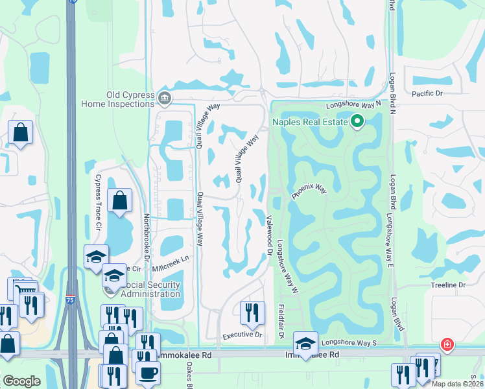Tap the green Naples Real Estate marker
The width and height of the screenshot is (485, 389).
click(357, 121)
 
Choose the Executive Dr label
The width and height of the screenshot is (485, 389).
click(242, 335)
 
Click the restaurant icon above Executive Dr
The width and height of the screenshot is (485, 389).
click(252, 312)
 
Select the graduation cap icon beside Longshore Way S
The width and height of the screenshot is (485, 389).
click(305, 343)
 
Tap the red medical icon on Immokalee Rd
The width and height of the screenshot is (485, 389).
click(447, 344)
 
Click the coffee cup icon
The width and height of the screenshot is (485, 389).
click(148, 373)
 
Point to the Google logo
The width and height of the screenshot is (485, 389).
click(21, 381)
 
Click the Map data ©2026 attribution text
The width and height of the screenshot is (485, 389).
click(456, 384)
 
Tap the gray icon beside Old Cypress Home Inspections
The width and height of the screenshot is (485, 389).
click(164, 98)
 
